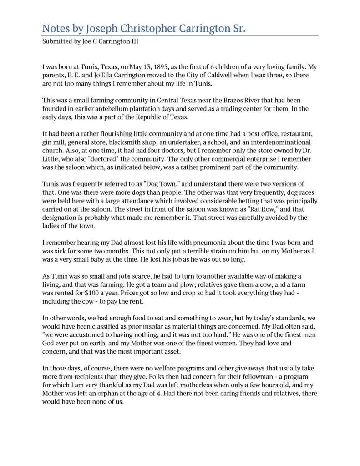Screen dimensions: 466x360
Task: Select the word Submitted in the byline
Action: [56, 41]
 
